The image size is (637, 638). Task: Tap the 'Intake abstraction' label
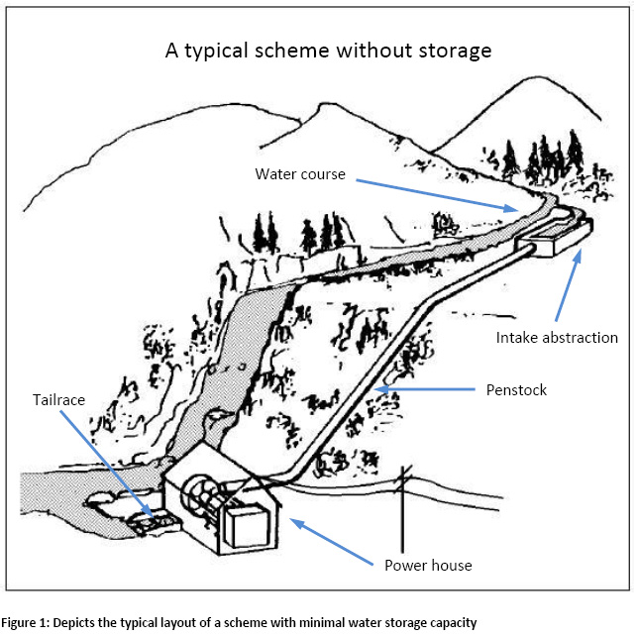click(557, 337)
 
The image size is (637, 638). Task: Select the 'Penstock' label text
click(514, 389)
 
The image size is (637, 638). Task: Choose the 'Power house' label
click(427, 566)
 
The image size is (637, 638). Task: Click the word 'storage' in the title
click(451, 51)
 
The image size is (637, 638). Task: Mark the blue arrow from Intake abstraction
click(566, 287)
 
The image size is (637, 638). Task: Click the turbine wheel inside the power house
click(202, 496)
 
